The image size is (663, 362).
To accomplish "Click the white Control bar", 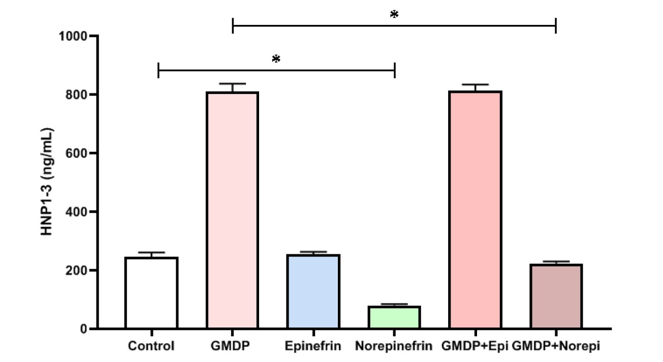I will pos(151,293).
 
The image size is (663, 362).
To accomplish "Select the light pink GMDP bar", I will pos(232,210).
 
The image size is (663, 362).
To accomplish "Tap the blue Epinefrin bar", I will pos(313,291).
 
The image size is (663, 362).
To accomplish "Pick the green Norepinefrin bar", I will pos(394,317).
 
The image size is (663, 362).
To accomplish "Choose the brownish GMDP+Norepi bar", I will pos(556,297).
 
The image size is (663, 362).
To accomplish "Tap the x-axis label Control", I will pos(151,347).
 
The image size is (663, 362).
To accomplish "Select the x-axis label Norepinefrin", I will pos(394,347).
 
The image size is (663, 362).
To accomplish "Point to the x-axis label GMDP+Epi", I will pos(475,347).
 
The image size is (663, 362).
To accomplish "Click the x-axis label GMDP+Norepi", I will pos(556,347).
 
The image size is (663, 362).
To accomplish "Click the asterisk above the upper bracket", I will pos(394,14).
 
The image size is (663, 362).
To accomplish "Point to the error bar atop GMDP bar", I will pos(232,86).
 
